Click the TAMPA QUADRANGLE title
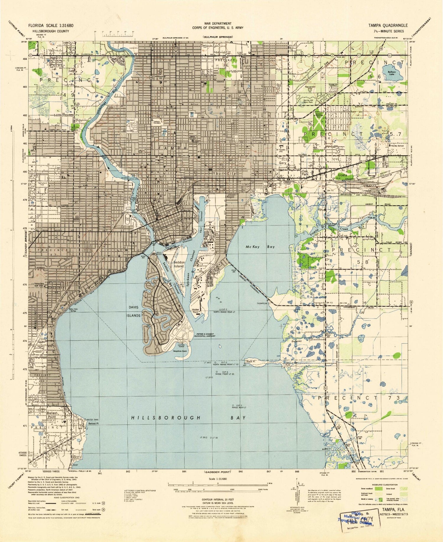(387, 25)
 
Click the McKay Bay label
(260, 247)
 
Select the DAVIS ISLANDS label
(133, 311)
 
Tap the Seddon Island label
(179, 264)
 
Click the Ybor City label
(224, 174)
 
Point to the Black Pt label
(250, 361)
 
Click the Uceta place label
(343, 175)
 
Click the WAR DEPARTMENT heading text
(218, 23)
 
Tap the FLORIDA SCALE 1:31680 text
(51, 25)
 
